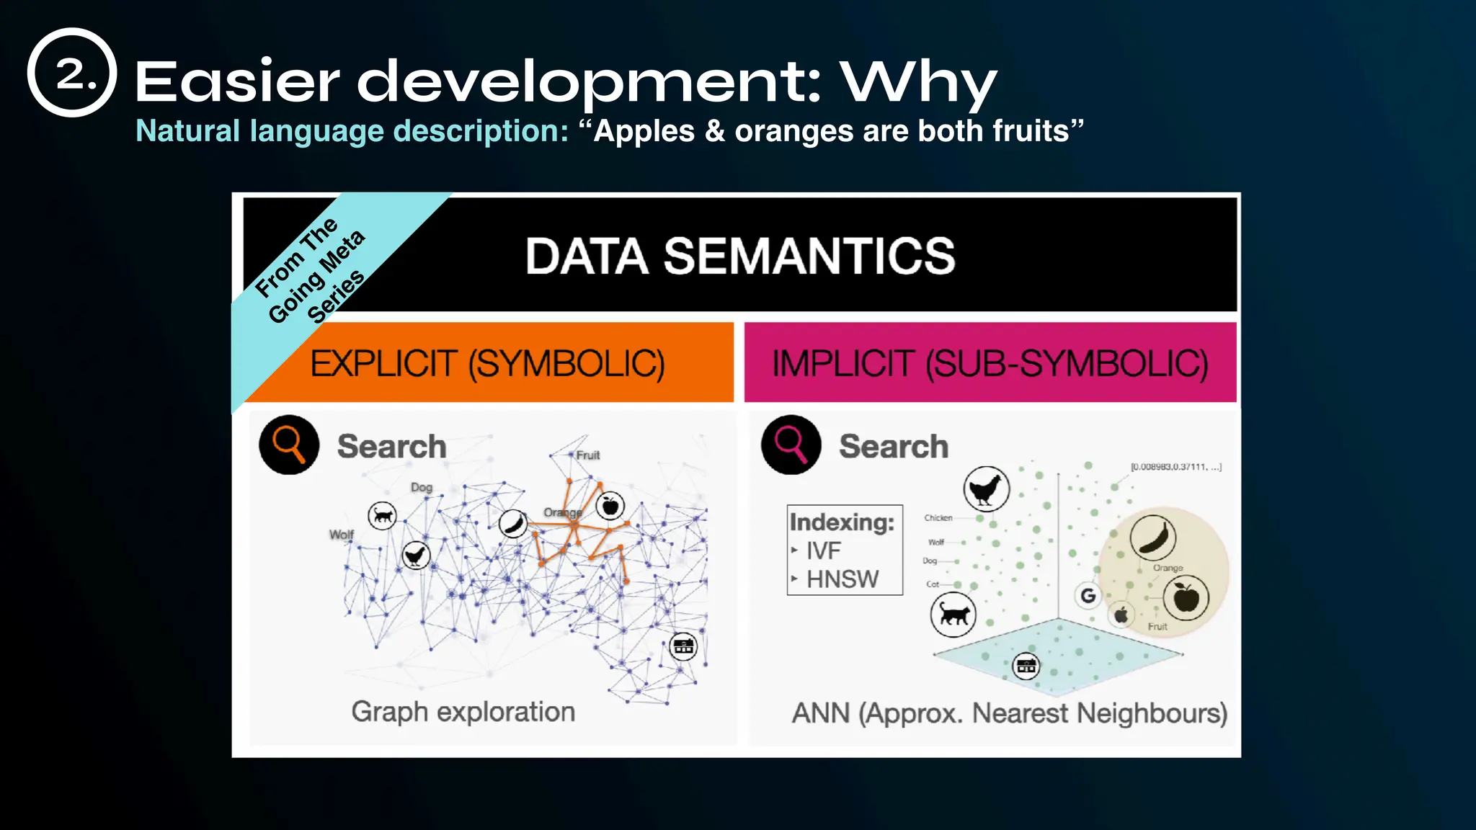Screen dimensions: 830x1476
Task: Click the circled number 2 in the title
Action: pos(72,73)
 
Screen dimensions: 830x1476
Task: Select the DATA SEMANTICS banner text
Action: pos(739,256)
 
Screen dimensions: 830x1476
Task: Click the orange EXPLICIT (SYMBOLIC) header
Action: pos(488,363)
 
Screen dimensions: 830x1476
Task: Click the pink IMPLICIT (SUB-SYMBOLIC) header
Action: pos(990,363)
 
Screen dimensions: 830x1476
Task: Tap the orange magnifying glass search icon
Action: pos(289,445)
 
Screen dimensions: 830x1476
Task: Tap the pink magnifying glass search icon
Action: pos(791,445)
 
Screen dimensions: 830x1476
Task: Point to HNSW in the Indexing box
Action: pos(842,579)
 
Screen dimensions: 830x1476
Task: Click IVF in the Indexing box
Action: pos(823,551)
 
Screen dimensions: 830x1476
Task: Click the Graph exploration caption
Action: pos(463,712)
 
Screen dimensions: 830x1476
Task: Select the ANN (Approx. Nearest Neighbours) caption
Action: pos(1009,713)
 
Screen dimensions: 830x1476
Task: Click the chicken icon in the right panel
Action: pos(986,489)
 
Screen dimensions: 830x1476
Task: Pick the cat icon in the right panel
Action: pos(953,615)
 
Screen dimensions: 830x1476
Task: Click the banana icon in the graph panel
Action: pos(513,523)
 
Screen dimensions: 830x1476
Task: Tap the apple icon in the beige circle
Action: pos(1186,597)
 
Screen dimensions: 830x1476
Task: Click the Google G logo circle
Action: pos(1088,595)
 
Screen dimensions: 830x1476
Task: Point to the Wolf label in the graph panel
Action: pos(341,535)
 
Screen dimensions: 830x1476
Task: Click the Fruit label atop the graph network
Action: pos(587,455)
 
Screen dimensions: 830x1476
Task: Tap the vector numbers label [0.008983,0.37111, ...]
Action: pos(1175,467)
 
